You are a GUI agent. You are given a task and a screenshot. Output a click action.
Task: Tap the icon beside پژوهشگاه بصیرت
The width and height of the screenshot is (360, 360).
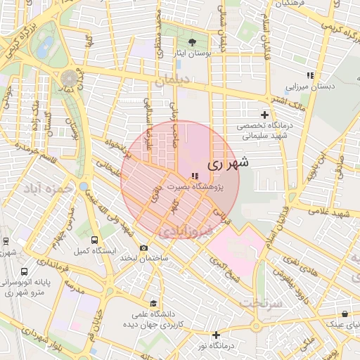point(195,176)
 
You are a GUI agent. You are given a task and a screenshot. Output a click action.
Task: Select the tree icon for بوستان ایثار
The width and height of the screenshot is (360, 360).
point(193,42)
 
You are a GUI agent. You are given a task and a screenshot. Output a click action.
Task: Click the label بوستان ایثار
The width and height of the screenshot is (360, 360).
point(193,53)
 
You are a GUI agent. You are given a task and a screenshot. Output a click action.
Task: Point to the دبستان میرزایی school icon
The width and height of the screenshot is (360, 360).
point(309,75)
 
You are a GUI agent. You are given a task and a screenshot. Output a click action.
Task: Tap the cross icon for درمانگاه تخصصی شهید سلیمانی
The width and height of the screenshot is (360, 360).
point(265,115)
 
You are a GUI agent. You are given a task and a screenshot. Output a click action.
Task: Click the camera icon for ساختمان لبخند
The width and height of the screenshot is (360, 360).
point(144,247)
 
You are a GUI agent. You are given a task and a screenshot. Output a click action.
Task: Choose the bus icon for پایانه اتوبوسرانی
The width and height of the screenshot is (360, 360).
point(25,271)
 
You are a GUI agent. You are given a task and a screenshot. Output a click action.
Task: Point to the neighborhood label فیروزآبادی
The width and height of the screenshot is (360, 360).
point(182,231)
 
